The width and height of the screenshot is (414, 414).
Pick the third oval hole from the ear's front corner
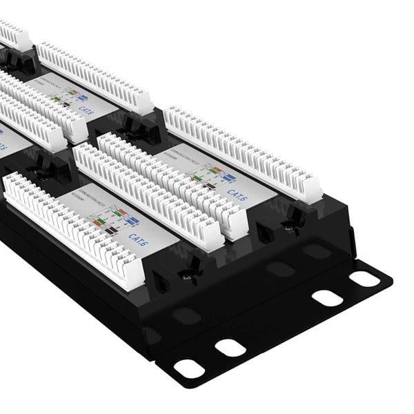[327, 298]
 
